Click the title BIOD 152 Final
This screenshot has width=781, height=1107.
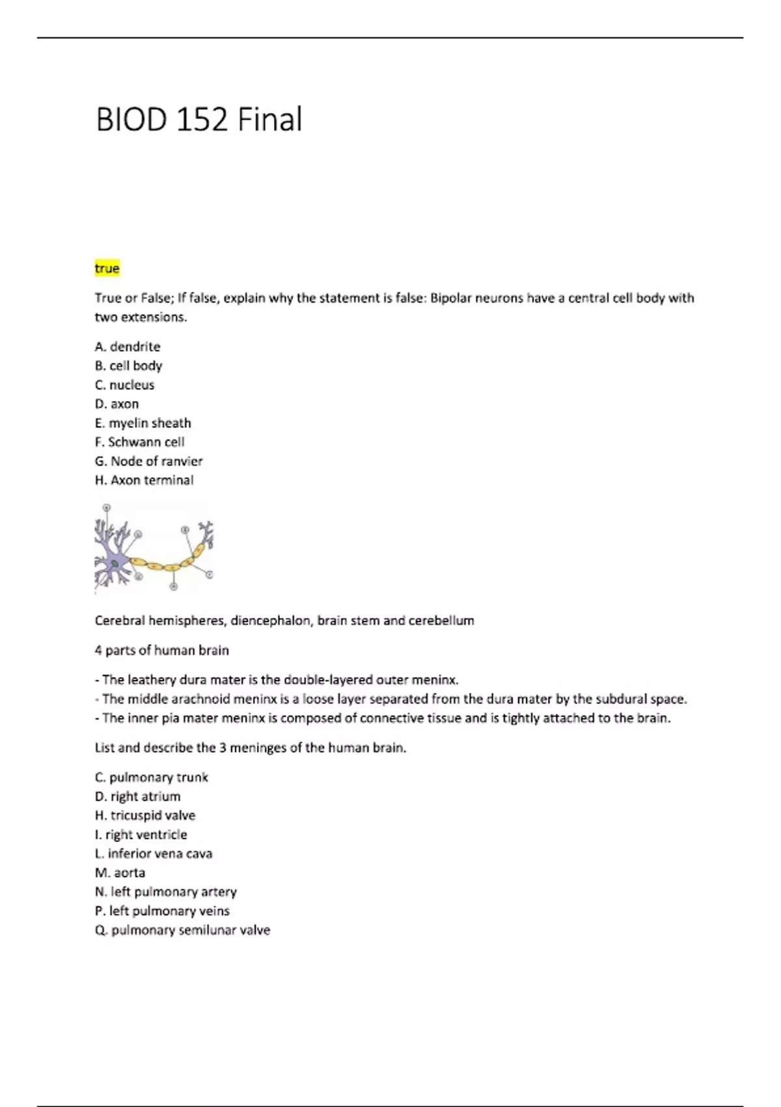pyautogui.click(x=199, y=120)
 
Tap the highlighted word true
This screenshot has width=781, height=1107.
pyautogui.click(x=107, y=268)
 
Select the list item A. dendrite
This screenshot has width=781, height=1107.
pyautogui.click(x=128, y=346)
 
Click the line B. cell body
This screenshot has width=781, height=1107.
pyautogui.click(x=128, y=366)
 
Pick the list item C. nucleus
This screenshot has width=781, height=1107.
pyautogui.click(x=124, y=385)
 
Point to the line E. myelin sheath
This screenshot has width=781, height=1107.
pyautogui.click(x=143, y=423)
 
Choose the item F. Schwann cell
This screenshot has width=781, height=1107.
pyautogui.click(x=139, y=442)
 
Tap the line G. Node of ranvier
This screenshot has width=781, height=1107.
pyautogui.click(x=148, y=461)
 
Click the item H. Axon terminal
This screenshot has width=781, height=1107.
pyautogui.click(x=144, y=481)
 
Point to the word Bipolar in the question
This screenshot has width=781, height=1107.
pyautogui.click(x=452, y=298)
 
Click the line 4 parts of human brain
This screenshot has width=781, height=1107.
pyautogui.click(x=161, y=651)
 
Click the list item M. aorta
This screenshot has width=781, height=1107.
pyautogui.click(x=120, y=873)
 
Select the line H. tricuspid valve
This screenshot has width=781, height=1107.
pyautogui.click(x=144, y=815)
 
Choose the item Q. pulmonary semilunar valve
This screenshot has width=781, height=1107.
pyautogui.click(x=182, y=930)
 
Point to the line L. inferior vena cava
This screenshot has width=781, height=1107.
pyautogui.click(x=154, y=854)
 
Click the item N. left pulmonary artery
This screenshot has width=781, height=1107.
pyautogui.click(x=165, y=892)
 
